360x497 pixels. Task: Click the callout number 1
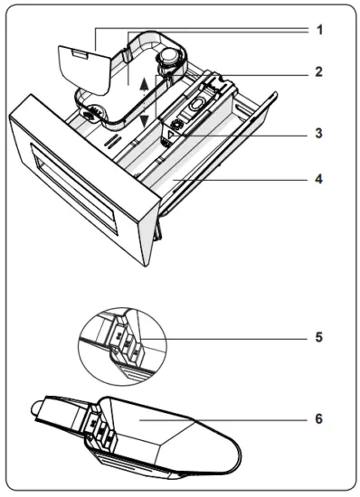pyautogui.click(x=319, y=29)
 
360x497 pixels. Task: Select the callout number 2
pyautogui.click(x=319, y=70)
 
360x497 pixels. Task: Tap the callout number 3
pyautogui.click(x=319, y=133)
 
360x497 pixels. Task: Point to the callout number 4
pyautogui.click(x=319, y=178)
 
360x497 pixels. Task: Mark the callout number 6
pyautogui.click(x=319, y=418)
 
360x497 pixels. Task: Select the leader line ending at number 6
pyautogui.click(x=244, y=418)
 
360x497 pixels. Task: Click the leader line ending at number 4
pyautogui.click(x=244, y=178)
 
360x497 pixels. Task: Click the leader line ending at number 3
pyautogui.click(x=244, y=133)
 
